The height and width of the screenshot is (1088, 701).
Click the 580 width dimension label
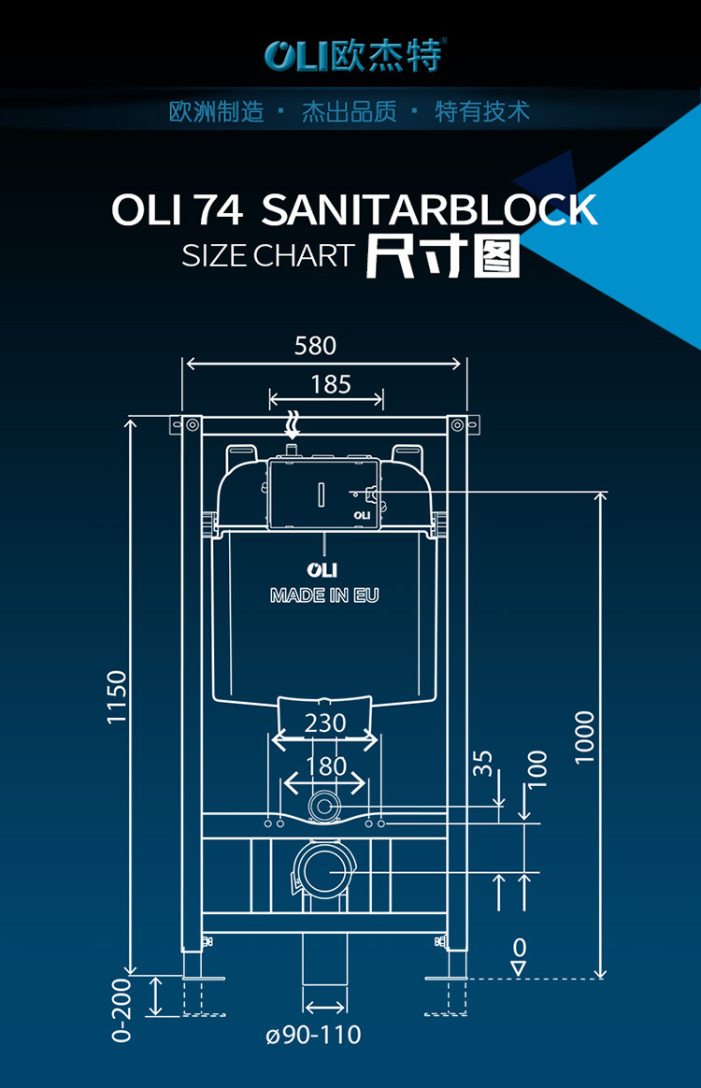(315, 346)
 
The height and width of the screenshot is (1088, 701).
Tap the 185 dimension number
(331, 384)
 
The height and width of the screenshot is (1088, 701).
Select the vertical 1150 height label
(116, 696)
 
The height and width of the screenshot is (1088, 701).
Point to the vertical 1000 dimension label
(585, 737)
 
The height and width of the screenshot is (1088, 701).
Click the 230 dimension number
(325, 723)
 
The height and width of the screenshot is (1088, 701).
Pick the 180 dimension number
(325, 766)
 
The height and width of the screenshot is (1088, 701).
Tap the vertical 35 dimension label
(483, 763)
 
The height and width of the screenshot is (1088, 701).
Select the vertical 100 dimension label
(536, 770)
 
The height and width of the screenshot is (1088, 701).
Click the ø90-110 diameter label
(313, 1036)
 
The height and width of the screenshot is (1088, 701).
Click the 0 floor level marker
(520, 948)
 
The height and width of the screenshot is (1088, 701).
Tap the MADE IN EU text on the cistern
(324, 595)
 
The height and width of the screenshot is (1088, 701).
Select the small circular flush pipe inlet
(325, 805)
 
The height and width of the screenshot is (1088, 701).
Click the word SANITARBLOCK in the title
(429, 210)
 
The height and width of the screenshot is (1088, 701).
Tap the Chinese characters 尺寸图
(442, 255)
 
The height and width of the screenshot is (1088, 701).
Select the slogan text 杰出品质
(349, 113)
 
